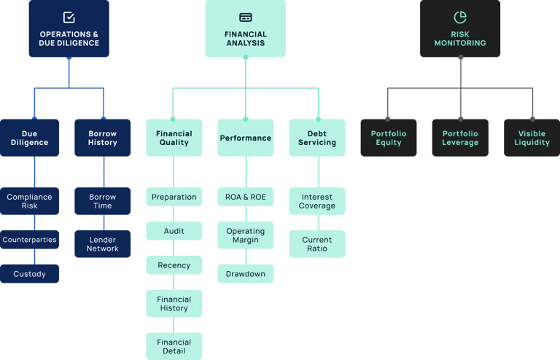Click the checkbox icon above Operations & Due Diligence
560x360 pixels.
tap(69, 17)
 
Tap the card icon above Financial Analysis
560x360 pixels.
tap(246, 17)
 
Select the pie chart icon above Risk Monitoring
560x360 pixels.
tap(460, 17)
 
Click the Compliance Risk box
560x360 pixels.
tap(29, 201)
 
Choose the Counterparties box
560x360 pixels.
tap(29, 240)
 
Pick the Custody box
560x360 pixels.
tap(29, 274)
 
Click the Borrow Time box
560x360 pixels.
tap(103, 201)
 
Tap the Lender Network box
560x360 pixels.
tap(103, 243)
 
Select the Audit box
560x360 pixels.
tap(174, 231)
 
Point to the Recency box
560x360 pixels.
tap(174, 265)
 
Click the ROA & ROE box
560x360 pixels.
tap(246, 197)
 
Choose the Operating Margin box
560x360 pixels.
tap(246, 235)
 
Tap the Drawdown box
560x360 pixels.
tap(246, 274)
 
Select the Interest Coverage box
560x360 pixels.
tap(317, 201)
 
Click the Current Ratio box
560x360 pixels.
tap(317, 243)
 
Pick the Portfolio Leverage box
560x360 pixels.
tap(460, 138)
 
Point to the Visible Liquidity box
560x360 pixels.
tap(532, 138)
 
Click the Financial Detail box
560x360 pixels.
tap(174, 346)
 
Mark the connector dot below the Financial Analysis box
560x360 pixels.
tap(246, 57)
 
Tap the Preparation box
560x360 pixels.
tap(174, 197)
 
